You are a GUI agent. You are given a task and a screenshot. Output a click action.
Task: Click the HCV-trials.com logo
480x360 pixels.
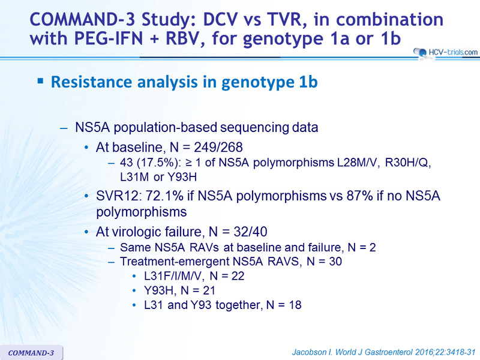(445, 52)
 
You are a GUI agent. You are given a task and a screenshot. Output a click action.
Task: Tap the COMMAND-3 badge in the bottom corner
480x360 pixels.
(31, 353)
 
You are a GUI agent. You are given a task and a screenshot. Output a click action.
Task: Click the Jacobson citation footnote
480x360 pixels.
(383, 352)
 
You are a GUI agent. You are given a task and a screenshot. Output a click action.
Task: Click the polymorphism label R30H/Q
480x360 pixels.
(408, 163)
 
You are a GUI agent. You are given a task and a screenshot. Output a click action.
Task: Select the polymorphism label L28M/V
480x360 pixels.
(359, 163)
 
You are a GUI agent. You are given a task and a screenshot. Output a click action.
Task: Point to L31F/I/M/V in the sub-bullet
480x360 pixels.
(173, 276)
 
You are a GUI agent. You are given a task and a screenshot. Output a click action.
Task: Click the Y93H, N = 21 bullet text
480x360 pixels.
(179, 290)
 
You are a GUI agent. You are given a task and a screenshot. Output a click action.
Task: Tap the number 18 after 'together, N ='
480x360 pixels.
(295, 305)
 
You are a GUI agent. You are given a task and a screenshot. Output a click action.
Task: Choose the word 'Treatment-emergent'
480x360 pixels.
(175, 262)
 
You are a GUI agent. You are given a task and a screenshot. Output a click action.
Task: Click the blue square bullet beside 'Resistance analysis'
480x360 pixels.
(40, 81)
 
